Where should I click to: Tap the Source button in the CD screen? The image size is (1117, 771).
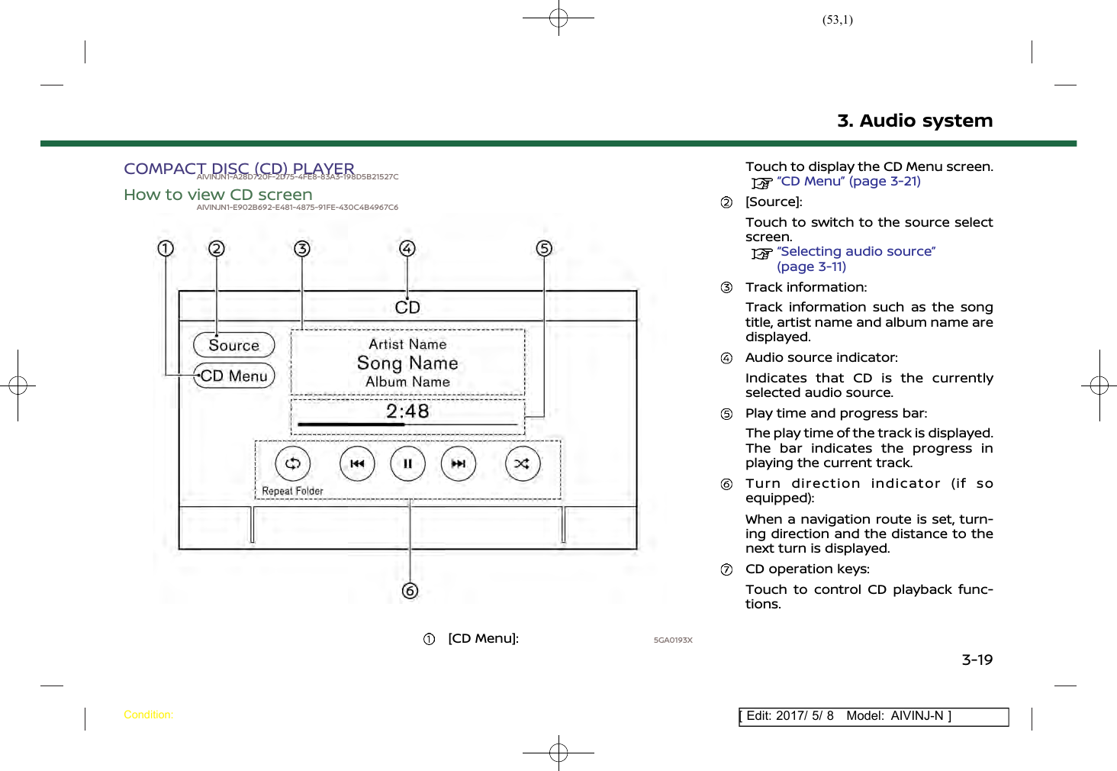tap(233, 345)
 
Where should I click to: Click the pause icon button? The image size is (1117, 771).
tap(408, 463)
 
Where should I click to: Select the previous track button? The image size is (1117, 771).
tap(357, 463)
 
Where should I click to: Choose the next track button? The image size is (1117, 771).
tap(459, 463)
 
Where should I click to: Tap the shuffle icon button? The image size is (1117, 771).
tap(523, 463)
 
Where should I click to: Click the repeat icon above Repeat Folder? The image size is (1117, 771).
tap(293, 463)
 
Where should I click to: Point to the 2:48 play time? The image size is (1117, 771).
tap(407, 411)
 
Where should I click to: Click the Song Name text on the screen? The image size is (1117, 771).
tap(407, 363)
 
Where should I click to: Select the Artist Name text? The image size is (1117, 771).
tap(407, 344)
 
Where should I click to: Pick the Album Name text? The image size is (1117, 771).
tap(407, 382)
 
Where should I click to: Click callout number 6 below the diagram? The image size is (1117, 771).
tap(410, 591)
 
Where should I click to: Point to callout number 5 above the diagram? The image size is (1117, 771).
tap(544, 248)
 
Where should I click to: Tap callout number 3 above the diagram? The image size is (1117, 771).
tap(302, 248)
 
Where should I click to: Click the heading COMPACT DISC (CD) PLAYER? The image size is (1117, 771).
tap(239, 168)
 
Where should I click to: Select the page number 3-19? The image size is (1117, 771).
tap(977, 660)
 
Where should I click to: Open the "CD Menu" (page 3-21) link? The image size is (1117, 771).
tap(848, 182)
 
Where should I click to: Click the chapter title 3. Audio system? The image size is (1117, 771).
tap(915, 121)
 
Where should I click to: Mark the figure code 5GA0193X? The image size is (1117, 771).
tap(673, 640)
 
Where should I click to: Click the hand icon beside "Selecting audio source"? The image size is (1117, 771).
tap(761, 253)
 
